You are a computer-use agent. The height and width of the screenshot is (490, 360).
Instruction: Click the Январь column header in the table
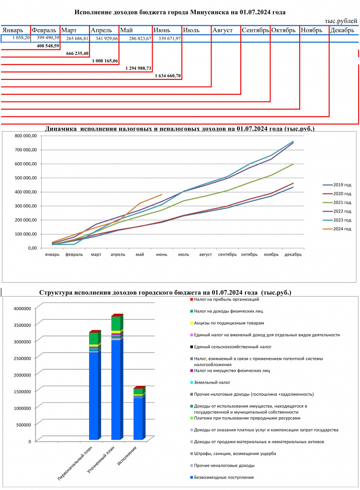(13, 30)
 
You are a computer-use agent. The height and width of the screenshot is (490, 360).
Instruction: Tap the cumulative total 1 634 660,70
(168, 76)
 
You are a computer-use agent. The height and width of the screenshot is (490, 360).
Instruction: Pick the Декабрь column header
(342, 30)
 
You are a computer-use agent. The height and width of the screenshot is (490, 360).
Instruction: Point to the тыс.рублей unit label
(341, 21)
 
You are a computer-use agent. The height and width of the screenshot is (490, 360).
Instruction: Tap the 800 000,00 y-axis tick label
(26, 135)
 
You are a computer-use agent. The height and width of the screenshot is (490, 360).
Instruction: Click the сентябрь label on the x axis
(227, 255)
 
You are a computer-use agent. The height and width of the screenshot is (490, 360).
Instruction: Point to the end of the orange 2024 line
(162, 194)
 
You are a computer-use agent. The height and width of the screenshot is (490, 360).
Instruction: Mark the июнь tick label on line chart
(161, 255)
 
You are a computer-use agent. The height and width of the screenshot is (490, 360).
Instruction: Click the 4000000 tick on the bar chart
(22, 309)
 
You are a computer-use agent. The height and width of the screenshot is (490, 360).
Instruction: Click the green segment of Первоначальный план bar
(93, 338)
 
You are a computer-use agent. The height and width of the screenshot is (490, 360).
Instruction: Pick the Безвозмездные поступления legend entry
(222, 478)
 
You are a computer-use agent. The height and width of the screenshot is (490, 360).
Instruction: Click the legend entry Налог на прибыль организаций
(225, 300)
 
